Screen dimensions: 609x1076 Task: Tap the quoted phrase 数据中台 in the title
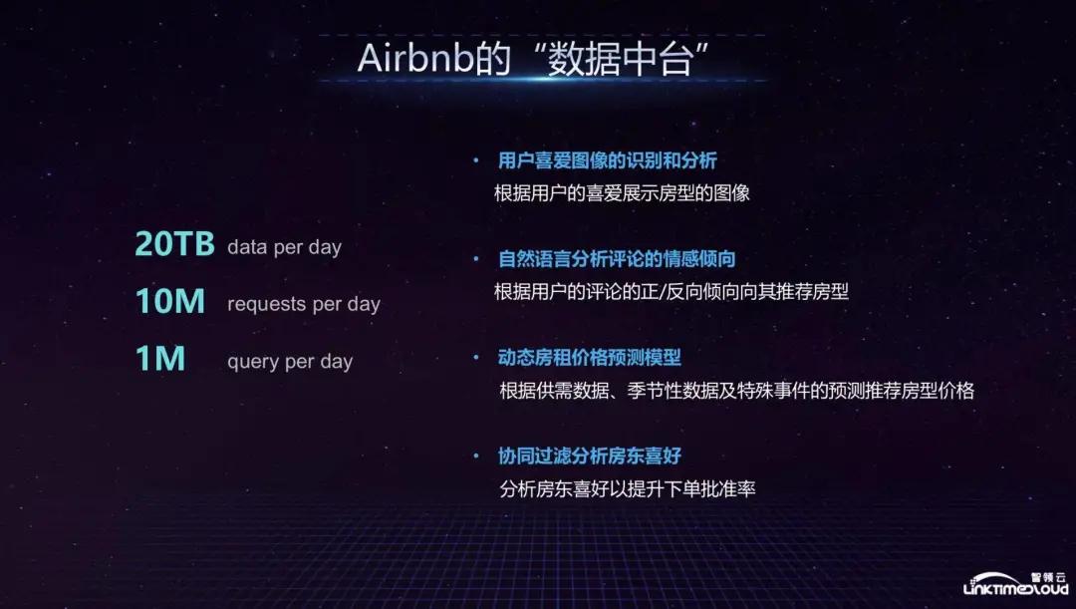(x=615, y=59)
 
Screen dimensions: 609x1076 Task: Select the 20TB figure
(x=174, y=245)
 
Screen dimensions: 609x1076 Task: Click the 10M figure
(x=169, y=302)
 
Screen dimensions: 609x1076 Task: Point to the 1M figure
(x=159, y=359)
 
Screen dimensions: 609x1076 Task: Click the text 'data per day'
(x=284, y=247)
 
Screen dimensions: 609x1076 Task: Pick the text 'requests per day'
(x=303, y=304)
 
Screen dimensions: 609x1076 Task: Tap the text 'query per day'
(x=290, y=361)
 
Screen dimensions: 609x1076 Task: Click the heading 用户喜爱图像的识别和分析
(x=608, y=160)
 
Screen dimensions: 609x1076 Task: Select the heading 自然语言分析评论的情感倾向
(x=617, y=259)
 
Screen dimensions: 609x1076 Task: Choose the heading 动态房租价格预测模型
(x=590, y=357)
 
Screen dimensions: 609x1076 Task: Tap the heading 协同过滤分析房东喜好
(x=590, y=456)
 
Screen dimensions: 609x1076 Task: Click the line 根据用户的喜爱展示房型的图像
(x=622, y=193)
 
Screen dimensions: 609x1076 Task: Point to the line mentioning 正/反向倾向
(x=671, y=292)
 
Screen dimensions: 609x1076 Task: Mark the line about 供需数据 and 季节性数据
(x=736, y=391)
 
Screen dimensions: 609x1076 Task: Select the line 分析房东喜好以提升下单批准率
(x=628, y=489)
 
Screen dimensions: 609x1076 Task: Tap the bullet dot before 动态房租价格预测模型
(x=476, y=357)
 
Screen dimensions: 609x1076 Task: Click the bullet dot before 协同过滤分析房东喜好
(x=476, y=456)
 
